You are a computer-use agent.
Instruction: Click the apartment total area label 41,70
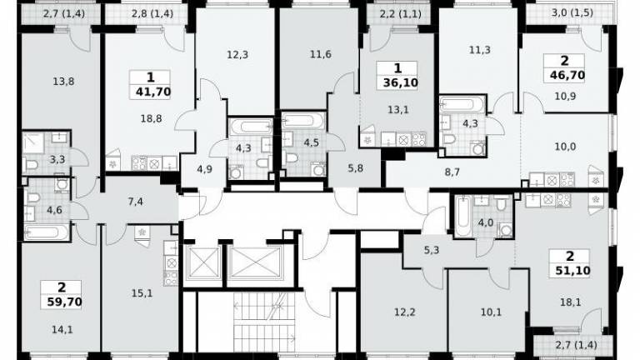point(153,92)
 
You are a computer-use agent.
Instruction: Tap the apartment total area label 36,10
point(400,82)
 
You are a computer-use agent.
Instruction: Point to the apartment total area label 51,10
point(572,270)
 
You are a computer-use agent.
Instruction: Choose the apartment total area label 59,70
point(64,302)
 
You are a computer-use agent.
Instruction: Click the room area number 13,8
point(63,82)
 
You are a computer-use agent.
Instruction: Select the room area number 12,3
point(237,54)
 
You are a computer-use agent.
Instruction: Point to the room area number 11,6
point(320,54)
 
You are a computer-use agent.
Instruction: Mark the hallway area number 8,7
point(452,172)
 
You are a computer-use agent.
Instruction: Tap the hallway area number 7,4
point(135,201)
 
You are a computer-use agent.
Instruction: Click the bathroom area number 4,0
point(486,222)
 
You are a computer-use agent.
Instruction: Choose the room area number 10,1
point(491,312)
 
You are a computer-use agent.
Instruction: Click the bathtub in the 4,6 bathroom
point(47,232)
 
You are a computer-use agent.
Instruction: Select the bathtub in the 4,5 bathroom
point(304,121)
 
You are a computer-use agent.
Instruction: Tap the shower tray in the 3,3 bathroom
point(33,142)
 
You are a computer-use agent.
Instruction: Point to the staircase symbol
point(264,317)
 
